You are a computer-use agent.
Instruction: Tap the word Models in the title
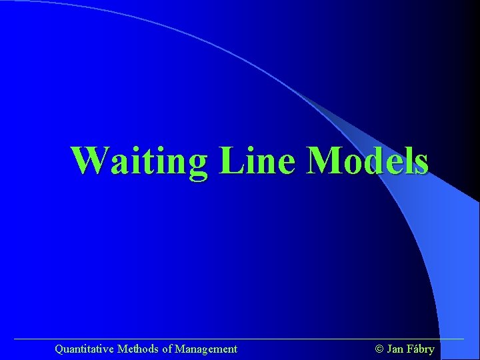[x=367, y=161]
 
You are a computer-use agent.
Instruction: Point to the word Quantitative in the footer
[x=84, y=349]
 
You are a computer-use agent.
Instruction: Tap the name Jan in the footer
[x=395, y=349]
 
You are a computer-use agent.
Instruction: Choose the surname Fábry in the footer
[x=420, y=349]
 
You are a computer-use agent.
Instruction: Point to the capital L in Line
[x=228, y=161]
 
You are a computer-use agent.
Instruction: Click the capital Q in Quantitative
[x=59, y=349]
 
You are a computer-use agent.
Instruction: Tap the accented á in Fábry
[x=415, y=349]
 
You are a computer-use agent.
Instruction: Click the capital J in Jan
[x=389, y=349]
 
